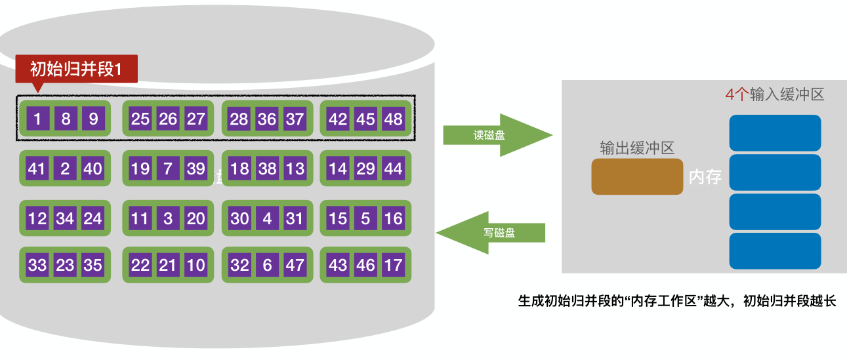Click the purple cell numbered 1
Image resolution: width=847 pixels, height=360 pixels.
[x=37, y=119]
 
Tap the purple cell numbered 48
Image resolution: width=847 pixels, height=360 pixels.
[x=393, y=119]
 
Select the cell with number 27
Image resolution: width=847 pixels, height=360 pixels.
[x=196, y=119]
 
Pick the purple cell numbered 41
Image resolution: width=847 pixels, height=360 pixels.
[x=37, y=169]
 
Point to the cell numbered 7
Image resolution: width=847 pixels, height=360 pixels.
[x=168, y=169]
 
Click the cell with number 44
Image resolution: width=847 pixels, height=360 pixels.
[x=393, y=169]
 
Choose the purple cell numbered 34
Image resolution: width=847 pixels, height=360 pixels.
[x=65, y=218]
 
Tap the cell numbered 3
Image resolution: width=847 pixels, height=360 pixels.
[x=168, y=218]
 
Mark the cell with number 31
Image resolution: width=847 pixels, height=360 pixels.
[x=295, y=218]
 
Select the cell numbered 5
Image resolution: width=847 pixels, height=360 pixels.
[x=365, y=218]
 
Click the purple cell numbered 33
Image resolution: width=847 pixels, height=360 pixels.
[x=37, y=265]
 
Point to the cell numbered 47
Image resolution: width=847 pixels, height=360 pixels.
[x=295, y=265]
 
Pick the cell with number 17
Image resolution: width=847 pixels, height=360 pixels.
[x=393, y=265]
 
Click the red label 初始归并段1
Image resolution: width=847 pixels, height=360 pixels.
[x=76, y=69]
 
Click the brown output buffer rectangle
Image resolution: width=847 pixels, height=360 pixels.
[x=637, y=177]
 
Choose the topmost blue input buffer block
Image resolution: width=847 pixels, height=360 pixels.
[x=775, y=133]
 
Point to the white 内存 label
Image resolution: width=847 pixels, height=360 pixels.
[x=705, y=177]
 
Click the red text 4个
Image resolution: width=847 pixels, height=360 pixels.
[x=736, y=94]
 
